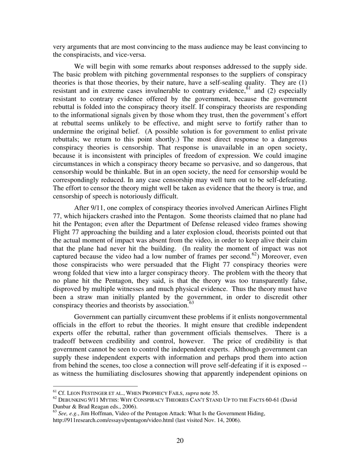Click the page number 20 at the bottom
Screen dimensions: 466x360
pos(180,440)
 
